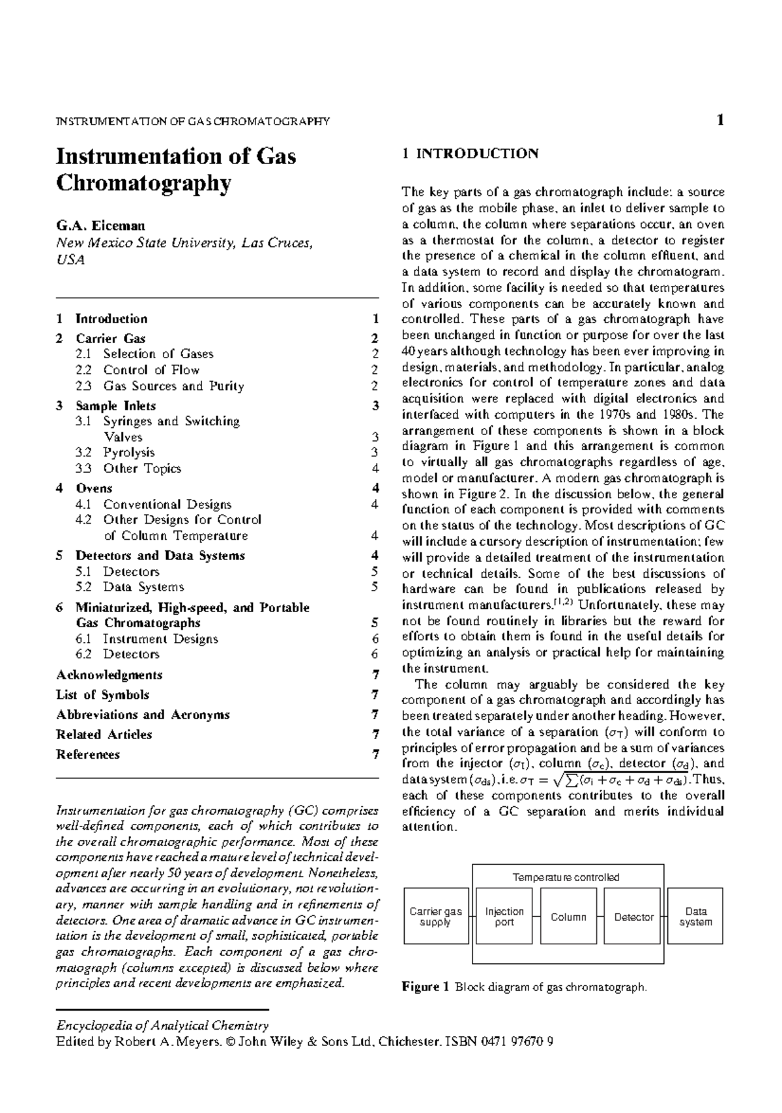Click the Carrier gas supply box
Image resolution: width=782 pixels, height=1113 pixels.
pyautogui.click(x=435, y=916)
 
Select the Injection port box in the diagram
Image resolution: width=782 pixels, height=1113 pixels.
pyautogui.click(x=504, y=916)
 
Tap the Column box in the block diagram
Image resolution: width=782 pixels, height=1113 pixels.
pyautogui.click(x=568, y=916)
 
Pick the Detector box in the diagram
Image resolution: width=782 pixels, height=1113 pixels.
pyautogui.click(x=633, y=916)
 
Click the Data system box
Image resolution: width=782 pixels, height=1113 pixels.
pyautogui.click(x=695, y=916)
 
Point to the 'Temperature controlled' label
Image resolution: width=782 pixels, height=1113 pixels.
pyautogui.click(x=566, y=877)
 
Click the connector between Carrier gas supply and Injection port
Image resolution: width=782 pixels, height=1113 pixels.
pyautogui.click(x=472, y=916)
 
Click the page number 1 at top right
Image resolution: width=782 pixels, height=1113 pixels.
pyautogui.click(x=720, y=120)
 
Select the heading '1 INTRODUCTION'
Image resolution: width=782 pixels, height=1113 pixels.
pyautogui.click(x=470, y=154)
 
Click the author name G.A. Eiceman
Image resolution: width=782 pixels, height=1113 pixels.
pyautogui.click(x=100, y=225)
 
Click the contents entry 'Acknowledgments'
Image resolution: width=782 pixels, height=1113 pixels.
pyautogui.click(x=109, y=675)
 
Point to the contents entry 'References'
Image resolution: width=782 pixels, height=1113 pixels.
pyautogui.click(x=88, y=754)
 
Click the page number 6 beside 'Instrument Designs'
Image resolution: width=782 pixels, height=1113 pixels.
pyautogui.click(x=375, y=639)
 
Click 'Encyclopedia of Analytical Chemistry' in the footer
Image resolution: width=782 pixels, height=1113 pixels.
pyautogui.click(x=162, y=1025)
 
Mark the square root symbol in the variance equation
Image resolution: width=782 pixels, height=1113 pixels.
pyautogui.click(x=555, y=780)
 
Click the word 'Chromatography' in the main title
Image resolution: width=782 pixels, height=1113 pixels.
pyautogui.click(x=143, y=184)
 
